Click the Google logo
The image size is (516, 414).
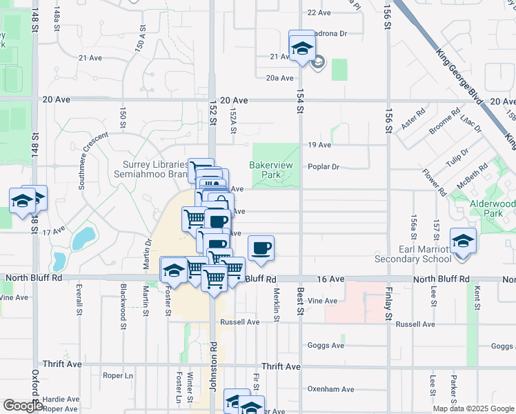pos(23,406)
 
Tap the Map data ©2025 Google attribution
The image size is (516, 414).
pos(473,408)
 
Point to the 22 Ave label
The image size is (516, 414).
pos(319,12)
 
